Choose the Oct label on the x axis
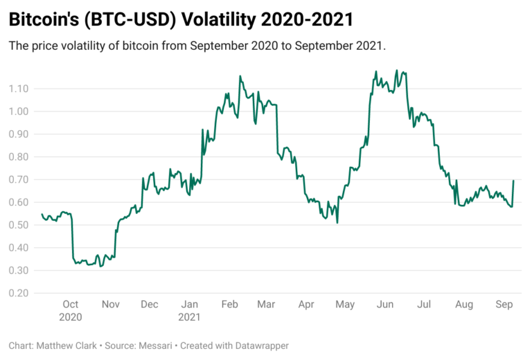click(x=71, y=305)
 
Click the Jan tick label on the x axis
click(x=189, y=305)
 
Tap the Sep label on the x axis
click(x=504, y=305)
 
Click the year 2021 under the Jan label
click(x=189, y=317)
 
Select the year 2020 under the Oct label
click(x=71, y=317)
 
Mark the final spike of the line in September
click(x=513, y=181)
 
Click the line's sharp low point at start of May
click(x=337, y=222)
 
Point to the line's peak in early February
click(x=240, y=76)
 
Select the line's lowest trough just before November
click(x=100, y=266)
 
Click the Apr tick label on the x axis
click(x=306, y=305)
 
